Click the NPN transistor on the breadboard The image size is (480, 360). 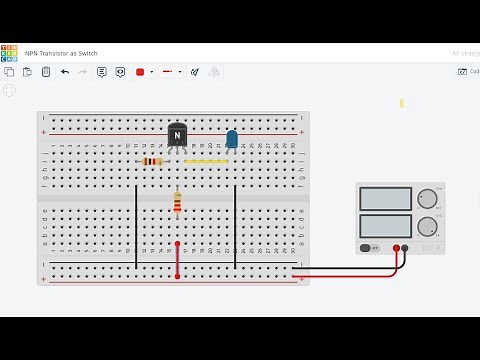coord(177,135)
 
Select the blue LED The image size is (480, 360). coord(232,139)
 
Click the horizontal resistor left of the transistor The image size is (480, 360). coord(152,161)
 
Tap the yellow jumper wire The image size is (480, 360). coord(207,161)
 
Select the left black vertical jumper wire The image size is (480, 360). coord(136,226)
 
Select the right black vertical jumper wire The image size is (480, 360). coord(235,226)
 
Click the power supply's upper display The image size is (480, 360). coord(385,199)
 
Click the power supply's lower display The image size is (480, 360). coord(385,226)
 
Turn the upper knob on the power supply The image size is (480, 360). coord(427,198)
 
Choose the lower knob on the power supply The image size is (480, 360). coord(427,226)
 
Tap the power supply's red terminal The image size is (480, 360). coord(396,247)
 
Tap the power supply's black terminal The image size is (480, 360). coord(405,247)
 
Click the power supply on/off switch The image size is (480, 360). coord(368,247)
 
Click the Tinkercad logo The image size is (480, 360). coord(9,52)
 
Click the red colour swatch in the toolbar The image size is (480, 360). coord(140,72)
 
